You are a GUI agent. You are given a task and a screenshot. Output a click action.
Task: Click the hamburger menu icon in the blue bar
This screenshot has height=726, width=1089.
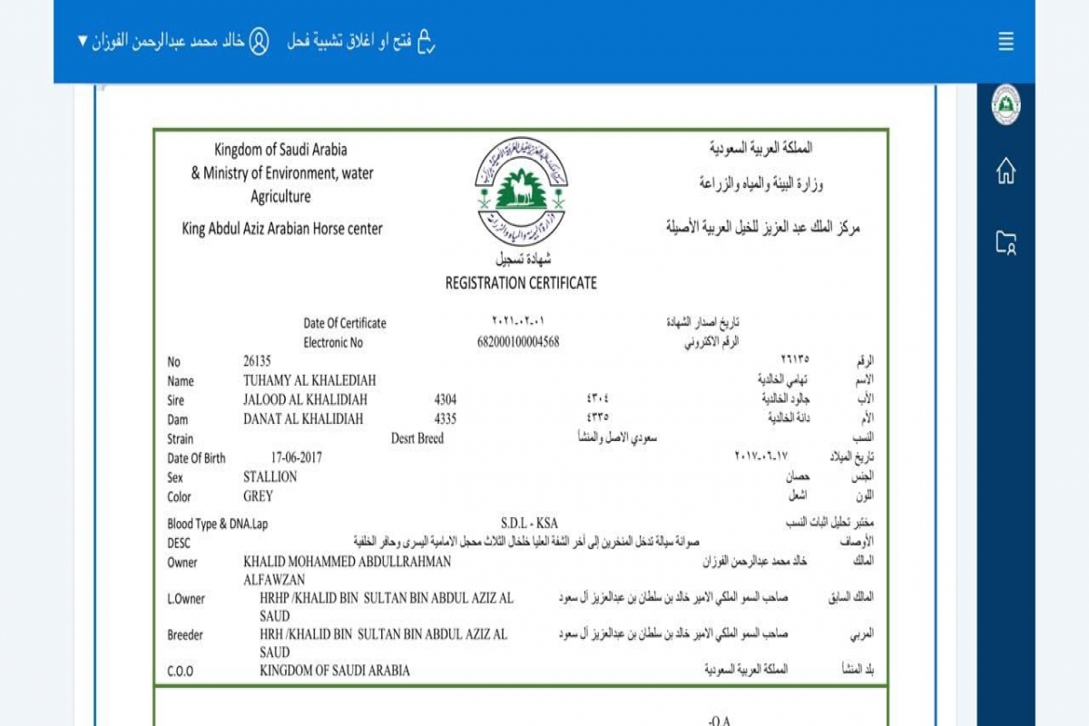[1006, 42]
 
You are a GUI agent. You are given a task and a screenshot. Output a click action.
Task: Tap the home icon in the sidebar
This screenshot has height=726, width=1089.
[1006, 171]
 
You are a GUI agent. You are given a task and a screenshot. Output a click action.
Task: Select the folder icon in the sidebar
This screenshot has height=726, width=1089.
[1006, 242]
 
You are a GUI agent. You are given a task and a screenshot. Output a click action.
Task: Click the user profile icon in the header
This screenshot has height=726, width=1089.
[259, 42]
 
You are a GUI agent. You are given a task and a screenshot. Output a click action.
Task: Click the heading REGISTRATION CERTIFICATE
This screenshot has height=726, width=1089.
[521, 283]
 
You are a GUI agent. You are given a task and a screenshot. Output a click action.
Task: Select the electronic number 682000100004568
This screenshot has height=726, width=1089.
[518, 342]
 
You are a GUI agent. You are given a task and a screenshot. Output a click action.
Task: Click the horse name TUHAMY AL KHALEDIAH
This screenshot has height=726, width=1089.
[309, 380]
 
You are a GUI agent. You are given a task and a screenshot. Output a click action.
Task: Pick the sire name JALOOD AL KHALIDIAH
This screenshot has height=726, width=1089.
[305, 399]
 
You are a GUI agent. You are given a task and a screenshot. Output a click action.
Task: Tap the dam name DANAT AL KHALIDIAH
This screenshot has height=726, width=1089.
[303, 418]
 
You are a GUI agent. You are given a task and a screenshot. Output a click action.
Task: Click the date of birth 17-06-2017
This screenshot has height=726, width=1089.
[296, 457]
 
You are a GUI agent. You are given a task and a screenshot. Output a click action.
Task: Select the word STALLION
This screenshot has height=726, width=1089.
[270, 476]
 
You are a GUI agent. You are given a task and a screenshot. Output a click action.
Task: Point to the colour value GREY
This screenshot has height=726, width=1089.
[258, 496]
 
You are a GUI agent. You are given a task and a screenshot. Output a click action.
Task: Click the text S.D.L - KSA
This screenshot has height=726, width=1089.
[529, 523]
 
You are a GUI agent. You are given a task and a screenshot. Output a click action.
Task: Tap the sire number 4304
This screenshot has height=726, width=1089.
[446, 399]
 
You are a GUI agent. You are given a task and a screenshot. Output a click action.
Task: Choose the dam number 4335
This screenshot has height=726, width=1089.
[446, 418]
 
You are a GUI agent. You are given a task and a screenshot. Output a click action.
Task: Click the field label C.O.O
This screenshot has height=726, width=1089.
[181, 672]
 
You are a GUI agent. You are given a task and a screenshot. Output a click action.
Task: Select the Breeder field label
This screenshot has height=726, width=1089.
[185, 635]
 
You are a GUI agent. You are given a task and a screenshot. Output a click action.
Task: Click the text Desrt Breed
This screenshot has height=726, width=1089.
[417, 438]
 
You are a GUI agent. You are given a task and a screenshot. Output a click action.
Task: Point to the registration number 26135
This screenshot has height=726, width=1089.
[258, 361]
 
